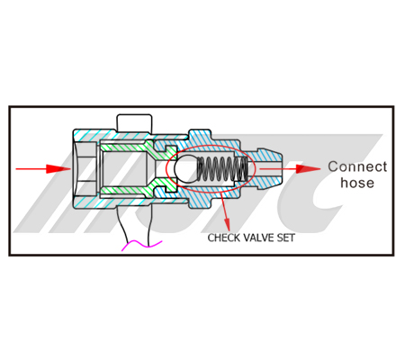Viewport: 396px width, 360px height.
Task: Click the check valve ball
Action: click(x=186, y=168)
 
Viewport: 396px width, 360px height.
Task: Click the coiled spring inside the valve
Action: click(x=222, y=169)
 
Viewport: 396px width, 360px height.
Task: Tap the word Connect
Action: click(x=357, y=166)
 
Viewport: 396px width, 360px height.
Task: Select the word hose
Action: click(x=357, y=183)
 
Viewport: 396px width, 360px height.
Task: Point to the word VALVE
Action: click(x=258, y=238)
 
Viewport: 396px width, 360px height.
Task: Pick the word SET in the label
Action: click(x=285, y=238)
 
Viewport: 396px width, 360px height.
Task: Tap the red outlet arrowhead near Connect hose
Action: click(x=308, y=169)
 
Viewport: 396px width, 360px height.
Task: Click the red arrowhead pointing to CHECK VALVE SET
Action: click(x=227, y=224)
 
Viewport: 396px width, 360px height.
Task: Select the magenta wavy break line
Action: click(x=141, y=245)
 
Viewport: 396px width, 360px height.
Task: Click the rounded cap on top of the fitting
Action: click(x=134, y=122)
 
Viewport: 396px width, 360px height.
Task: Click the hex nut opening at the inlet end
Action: click(x=85, y=169)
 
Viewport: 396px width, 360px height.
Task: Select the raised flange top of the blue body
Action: click(x=200, y=134)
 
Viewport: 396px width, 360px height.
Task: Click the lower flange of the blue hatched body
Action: click(x=200, y=203)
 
